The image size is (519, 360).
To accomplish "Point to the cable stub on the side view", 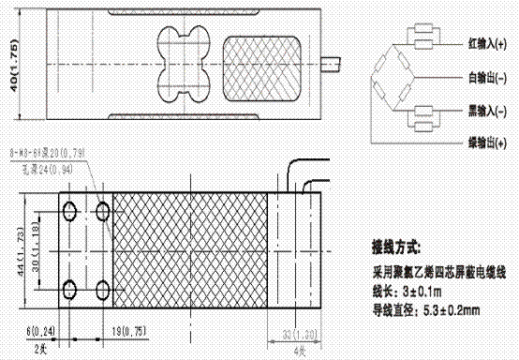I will coord(332,66).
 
